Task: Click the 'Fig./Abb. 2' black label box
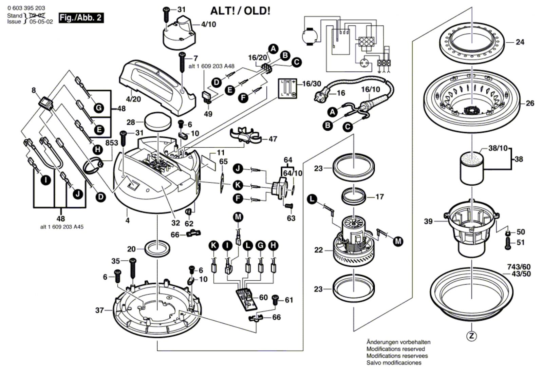point(81,18)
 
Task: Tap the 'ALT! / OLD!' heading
point(240,11)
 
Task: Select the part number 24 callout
point(520,42)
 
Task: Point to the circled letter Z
point(471,336)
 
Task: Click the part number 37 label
point(99,310)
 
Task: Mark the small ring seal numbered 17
point(354,196)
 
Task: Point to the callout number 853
point(112,143)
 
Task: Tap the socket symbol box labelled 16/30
point(287,88)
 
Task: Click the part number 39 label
point(428,221)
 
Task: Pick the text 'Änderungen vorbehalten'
point(398,342)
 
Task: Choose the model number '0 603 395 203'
point(26,8)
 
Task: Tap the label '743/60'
point(519,267)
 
